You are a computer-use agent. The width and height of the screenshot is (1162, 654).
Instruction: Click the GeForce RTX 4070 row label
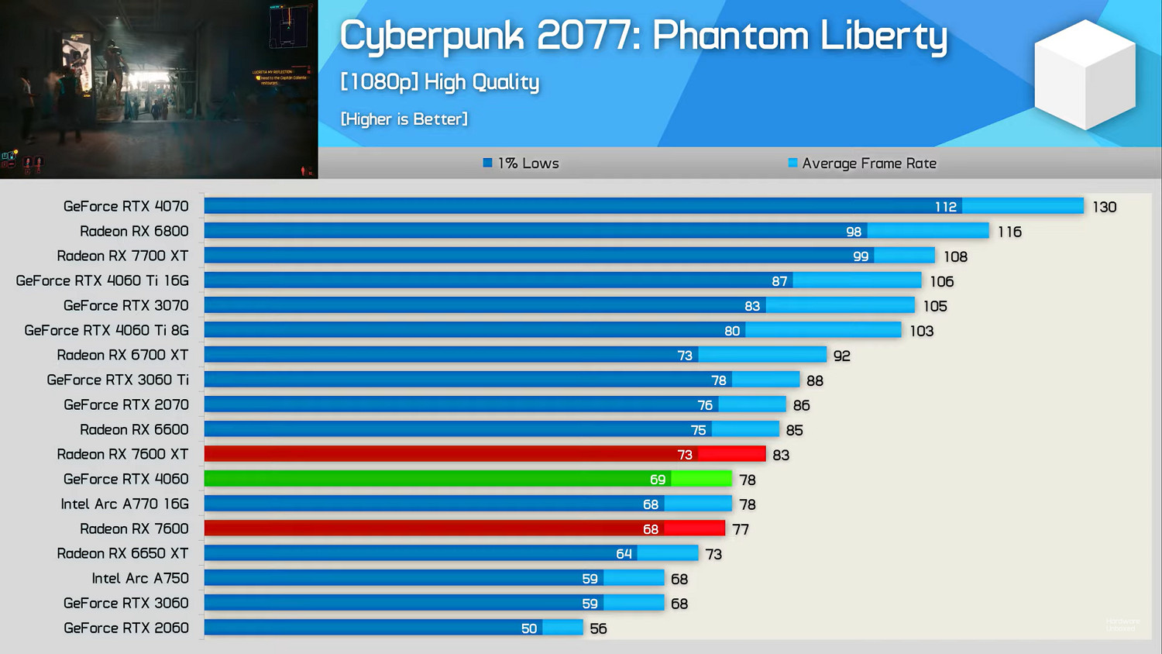point(125,206)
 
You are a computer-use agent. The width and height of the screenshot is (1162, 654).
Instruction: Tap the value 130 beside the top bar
point(1104,207)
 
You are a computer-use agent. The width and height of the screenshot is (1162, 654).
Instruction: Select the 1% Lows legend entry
point(521,163)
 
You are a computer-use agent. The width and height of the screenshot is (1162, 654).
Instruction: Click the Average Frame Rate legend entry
point(862,163)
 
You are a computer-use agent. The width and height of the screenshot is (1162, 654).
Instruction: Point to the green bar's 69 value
point(658,480)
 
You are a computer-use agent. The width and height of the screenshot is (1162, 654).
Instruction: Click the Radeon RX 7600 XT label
point(122,454)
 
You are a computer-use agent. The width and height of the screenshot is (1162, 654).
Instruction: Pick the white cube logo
point(1085,74)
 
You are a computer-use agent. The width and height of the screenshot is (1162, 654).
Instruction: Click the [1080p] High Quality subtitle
point(439,82)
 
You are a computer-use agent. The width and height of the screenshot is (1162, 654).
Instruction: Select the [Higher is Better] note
point(404,119)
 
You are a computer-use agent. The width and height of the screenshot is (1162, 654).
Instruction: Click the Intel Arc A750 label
point(140,578)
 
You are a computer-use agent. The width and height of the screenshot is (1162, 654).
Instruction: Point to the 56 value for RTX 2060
point(598,628)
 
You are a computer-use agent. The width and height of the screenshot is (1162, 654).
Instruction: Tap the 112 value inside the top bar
point(945,207)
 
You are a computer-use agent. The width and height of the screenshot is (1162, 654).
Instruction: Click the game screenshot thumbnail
point(159,89)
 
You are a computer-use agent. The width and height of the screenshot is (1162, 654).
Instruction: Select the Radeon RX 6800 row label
point(134,231)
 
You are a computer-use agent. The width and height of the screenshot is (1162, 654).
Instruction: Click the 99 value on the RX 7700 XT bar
point(861,256)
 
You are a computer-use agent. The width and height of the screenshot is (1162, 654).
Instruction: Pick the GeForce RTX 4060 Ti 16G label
point(102,281)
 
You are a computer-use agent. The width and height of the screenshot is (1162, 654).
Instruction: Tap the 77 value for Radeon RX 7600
point(741,529)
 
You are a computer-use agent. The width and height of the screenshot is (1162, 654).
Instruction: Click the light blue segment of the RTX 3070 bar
point(840,305)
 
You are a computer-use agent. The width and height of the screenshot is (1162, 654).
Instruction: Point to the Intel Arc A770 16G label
point(125,504)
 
